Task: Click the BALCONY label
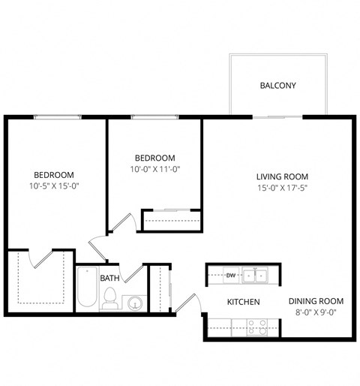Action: click(x=277, y=86)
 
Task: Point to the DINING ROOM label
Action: click(x=316, y=302)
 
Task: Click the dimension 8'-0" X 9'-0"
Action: click(x=316, y=314)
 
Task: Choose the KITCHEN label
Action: click(x=244, y=302)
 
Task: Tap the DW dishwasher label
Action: click(x=231, y=276)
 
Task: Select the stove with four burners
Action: click(x=258, y=327)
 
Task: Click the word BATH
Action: click(x=109, y=279)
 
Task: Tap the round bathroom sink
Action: click(x=134, y=303)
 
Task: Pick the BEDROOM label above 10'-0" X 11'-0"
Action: click(x=154, y=158)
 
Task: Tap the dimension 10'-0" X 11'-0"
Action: click(x=154, y=170)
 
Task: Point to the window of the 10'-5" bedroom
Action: click(x=57, y=116)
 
